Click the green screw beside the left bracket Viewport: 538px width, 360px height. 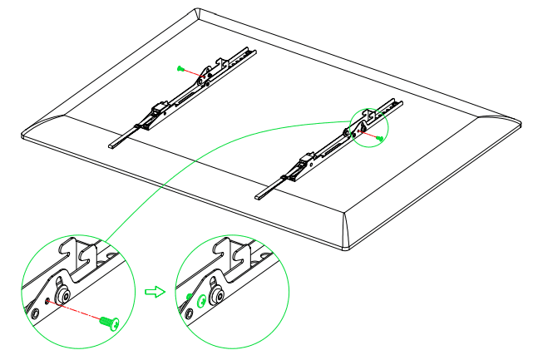click(180, 67)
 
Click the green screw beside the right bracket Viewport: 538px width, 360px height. click(379, 138)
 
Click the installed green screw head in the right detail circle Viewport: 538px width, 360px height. click(190, 297)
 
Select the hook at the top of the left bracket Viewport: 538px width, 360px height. click(224, 61)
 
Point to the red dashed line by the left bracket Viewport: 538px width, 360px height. click(192, 72)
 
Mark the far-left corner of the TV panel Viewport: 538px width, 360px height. click(22, 131)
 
